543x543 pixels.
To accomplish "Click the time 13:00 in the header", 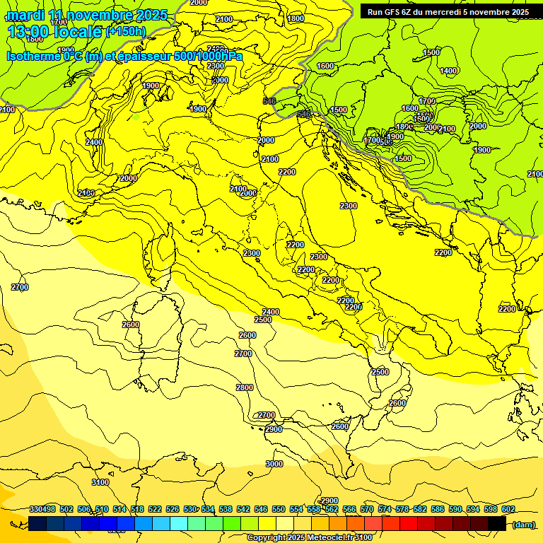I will tap(32, 31).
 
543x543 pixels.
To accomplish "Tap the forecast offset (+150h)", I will tap(125, 31).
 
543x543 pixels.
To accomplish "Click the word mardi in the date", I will tap(25, 15).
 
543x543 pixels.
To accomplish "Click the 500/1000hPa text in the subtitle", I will tap(208, 57).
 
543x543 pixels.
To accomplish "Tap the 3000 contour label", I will tap(274, 464).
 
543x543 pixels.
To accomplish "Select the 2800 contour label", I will tap(245, 387).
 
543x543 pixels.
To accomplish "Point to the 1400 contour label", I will tap(448, 71).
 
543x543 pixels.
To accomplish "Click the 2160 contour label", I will tap(86, 193).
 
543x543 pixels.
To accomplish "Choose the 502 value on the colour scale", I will tap(66, 510).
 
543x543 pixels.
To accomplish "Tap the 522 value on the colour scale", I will tap(155, 510).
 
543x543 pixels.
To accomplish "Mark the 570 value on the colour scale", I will tap(367, 510).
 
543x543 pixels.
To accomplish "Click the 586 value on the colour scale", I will tap(438, 510).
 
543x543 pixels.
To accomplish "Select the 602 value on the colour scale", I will tap(508, 510).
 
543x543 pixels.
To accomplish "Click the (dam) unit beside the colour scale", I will tap(523, 525).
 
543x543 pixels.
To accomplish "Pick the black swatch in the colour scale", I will tap(497, 523).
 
